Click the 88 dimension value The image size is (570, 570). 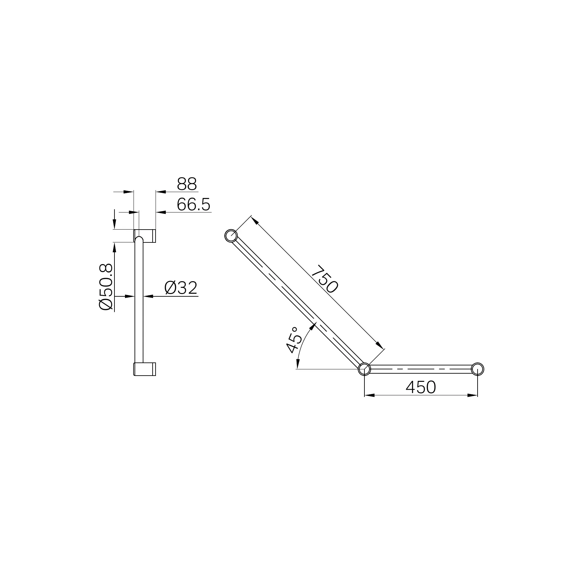187,184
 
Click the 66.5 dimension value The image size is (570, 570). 193,205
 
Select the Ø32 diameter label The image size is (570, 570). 181,288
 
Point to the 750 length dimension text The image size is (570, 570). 324,278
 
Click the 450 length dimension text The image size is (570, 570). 421,387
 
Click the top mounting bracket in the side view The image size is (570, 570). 145,235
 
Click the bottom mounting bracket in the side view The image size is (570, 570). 145,369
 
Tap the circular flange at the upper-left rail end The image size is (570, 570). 231,236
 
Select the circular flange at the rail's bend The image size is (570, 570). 364,369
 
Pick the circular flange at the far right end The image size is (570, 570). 478,369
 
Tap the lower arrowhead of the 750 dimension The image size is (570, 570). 380,345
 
